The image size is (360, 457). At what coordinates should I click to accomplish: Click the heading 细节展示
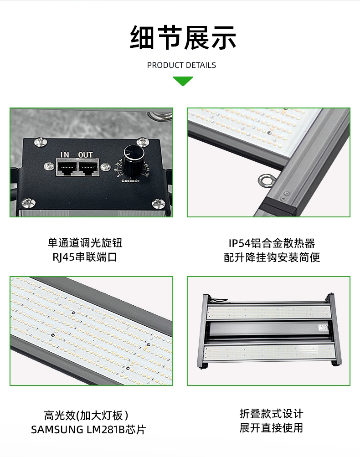coord(183,37)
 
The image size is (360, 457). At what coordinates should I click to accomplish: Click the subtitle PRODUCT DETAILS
coord(181,65)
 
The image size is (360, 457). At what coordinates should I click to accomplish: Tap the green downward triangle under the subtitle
coord(183,81)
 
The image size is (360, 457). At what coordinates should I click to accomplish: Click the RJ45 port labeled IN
coord(67,167)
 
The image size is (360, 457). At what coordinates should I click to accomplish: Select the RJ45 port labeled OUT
coord(88,167)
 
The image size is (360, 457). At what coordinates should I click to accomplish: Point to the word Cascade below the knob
coord(130,181)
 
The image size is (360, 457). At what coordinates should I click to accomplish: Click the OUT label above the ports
coord(85,155)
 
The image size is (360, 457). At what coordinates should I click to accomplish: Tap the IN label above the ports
coord(65,155)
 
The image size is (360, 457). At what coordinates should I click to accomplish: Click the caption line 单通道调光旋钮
coord(85,243)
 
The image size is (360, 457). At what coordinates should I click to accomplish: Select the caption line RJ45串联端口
coord(85,257)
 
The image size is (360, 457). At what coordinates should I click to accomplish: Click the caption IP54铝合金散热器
coord(272,243)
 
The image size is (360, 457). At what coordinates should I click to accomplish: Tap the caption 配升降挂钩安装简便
coord(272,257)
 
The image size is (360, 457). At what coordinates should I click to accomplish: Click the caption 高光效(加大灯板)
coord(86,416)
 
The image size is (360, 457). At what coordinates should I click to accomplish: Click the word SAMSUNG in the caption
coord(57,430)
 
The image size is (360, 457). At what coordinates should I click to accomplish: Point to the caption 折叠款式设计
coord(272,414)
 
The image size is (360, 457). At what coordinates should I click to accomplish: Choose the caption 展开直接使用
coord(272,428)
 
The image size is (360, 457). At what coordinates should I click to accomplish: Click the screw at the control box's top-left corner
coord(41,142)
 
